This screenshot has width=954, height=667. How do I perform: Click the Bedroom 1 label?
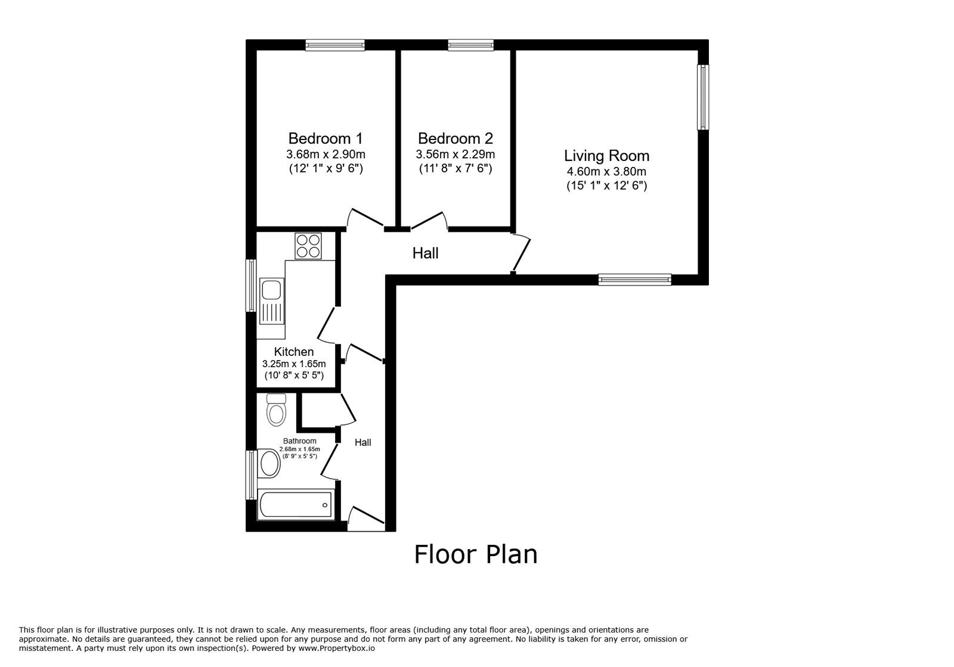325,138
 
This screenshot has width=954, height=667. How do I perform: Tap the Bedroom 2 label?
455,138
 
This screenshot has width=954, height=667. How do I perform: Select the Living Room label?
606,156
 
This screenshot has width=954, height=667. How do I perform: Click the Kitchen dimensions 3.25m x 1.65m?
294,364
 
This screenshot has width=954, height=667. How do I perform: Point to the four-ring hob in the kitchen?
308,246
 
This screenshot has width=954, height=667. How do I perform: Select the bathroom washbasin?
270,463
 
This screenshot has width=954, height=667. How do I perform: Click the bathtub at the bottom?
295,505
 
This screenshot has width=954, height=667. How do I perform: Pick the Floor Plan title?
476,554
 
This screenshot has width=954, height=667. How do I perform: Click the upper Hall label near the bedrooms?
425,253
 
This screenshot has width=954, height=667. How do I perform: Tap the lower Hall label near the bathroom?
363,442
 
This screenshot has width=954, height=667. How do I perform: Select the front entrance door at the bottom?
365,517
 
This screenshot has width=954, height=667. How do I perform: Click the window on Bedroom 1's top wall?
335,45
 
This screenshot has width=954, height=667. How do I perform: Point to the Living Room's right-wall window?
704,97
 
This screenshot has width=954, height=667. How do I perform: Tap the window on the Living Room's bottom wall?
634,279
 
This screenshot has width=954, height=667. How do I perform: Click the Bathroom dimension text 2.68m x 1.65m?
300,449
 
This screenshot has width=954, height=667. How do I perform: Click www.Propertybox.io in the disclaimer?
337,648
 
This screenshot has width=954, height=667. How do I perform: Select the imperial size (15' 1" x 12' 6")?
606,185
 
